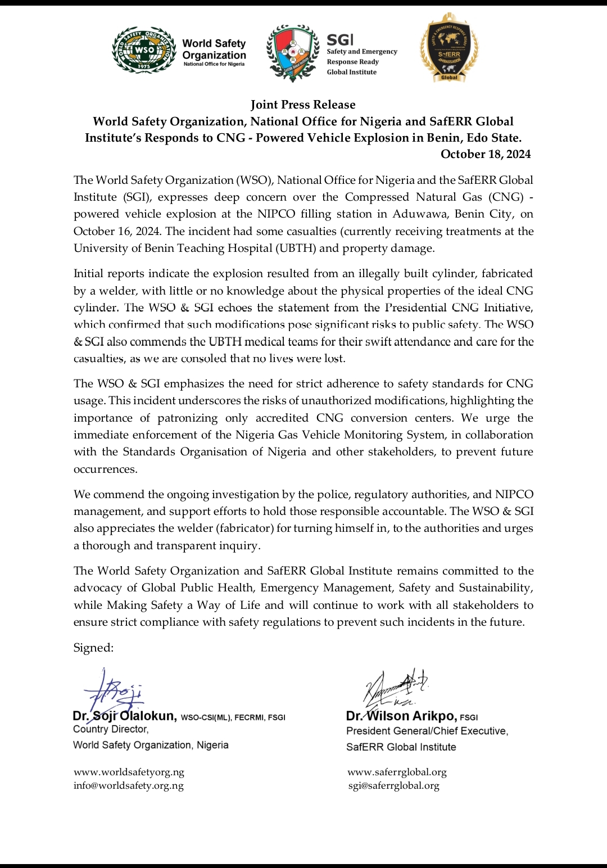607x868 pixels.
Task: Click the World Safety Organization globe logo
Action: tap(144, 50)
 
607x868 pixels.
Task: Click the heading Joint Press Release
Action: tap(303, 105)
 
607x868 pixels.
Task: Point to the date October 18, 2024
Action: tap(486, 154)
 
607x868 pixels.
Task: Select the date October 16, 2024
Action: tap(117, 231)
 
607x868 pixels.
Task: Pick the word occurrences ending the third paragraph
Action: tap(105, 469)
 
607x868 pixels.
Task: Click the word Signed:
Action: tap(93, 648)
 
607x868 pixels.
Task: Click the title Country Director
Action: tap(111, 729)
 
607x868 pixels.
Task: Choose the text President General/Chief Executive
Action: tap(427, 731)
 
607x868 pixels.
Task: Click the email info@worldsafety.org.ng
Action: tap(129, 785)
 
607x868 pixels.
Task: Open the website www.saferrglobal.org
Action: tap(397, 772)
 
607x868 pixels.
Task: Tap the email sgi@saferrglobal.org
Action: tap(394, 785)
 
